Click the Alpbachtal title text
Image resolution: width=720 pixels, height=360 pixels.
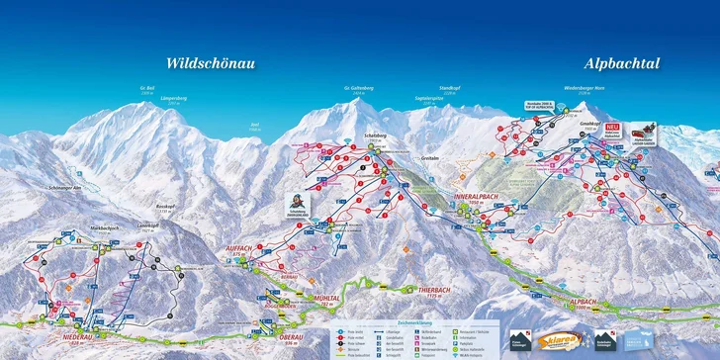[622, 63]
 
